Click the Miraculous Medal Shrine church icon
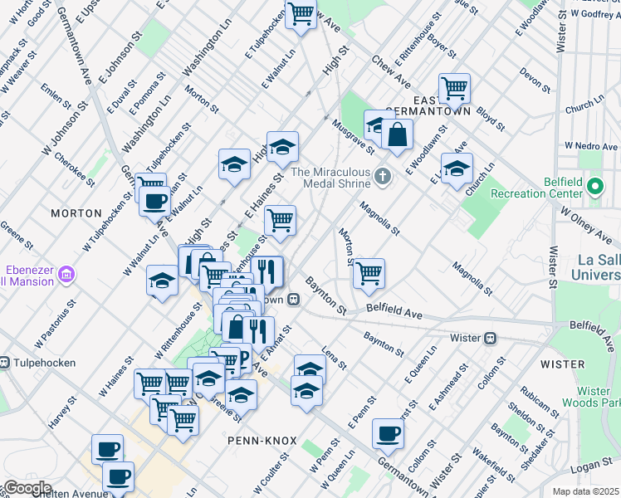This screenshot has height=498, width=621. tap(382, 176)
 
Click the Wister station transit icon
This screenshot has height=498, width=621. tap(491, 338)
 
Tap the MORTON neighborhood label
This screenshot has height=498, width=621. tap(76, 213)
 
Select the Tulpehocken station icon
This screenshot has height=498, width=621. tap(4, 363)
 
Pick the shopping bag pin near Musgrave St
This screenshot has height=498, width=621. tap(398, 134)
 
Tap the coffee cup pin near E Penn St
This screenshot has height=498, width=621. tap(388, 432)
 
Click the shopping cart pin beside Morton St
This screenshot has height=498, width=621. tap(368, 272)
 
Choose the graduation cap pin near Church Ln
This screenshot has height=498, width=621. tap(456, 168)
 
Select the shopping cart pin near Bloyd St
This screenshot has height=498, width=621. tap(454, 87)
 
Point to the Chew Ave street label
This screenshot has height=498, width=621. tap(391, 72)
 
